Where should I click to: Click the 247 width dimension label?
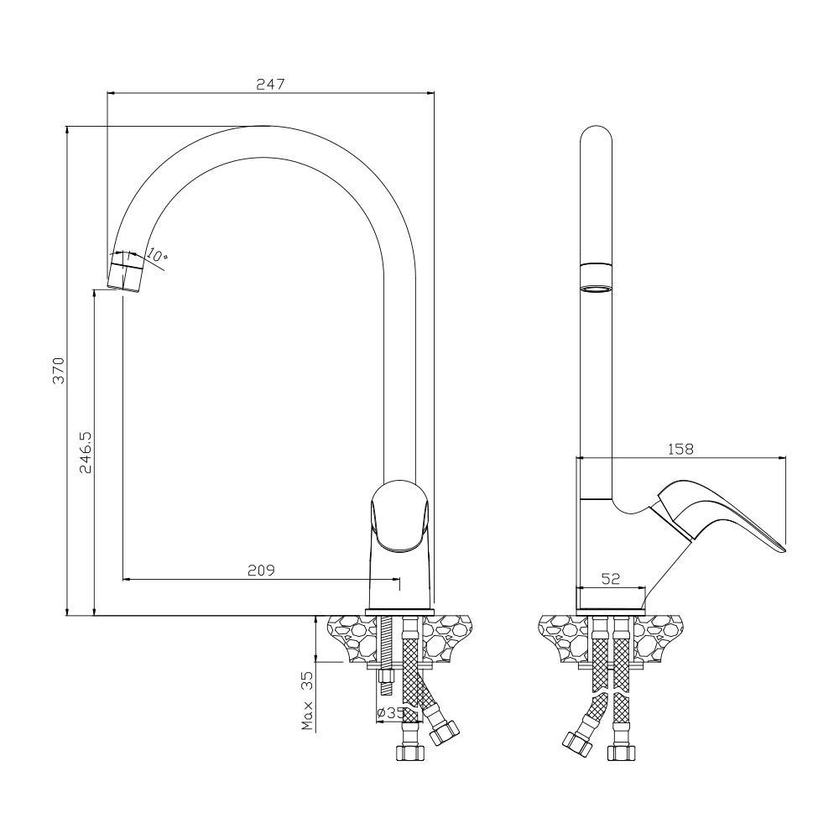271,84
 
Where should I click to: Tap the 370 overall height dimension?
59,370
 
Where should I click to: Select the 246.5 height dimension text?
86,453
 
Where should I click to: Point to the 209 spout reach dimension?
261,571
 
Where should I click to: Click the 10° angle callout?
158,255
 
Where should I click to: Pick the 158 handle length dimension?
680,449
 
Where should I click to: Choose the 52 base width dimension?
611,578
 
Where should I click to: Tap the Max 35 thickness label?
307,701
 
